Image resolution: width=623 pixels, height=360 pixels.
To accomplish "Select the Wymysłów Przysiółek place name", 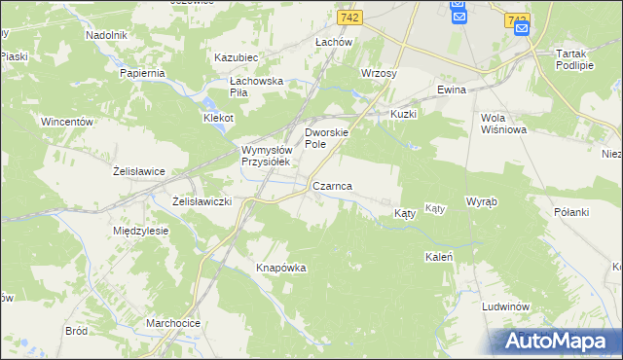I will [x=266, y=156].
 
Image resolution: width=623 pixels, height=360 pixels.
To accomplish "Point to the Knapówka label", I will [x=281, y=268].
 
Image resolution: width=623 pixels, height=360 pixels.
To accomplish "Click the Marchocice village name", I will [x=173, y=323].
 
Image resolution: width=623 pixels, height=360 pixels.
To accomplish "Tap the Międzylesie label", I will [x=141, y=231].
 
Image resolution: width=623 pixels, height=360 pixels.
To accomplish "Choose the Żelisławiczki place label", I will [x=201, y=200].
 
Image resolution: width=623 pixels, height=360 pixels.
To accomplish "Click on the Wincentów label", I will [x=66, y=122].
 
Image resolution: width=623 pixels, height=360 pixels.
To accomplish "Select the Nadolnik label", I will [x=107, y=34].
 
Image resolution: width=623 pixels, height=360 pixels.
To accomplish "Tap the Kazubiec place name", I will [x=235, y=57].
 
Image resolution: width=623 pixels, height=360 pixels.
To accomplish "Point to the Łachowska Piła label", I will [x=255, y=87].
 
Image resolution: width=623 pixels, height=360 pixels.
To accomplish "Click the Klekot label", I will [x=218, y=117].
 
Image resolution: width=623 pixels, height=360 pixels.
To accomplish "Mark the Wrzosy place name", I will [x=378, y=73].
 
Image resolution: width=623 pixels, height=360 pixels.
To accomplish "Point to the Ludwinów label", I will [x=505, y=306].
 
